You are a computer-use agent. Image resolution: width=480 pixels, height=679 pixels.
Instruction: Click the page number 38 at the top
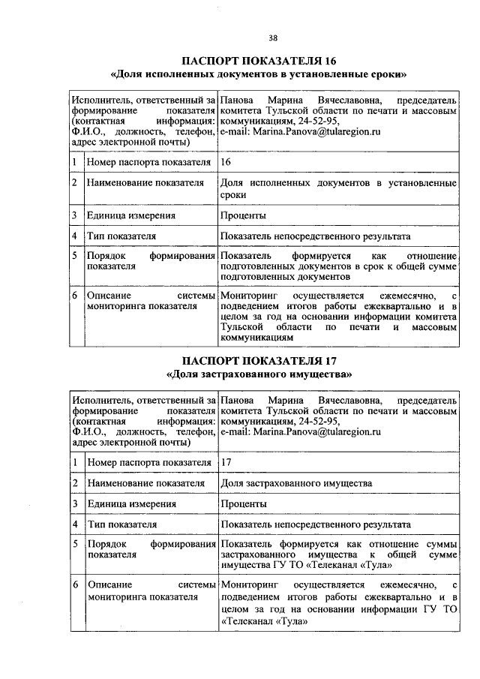pyautogui.click(x=273, y=38)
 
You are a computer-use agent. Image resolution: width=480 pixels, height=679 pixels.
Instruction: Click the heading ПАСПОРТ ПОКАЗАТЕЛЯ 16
pyautogui.click(x=259, y=61)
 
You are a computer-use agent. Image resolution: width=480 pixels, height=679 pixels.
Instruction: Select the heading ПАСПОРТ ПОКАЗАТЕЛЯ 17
pyautogui.click(x=259, y=359)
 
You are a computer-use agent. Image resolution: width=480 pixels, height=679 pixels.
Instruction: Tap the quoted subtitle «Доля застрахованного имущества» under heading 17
pyautogui.click(x=259, y=373)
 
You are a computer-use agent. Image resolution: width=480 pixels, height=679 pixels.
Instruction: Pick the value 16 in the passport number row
pyautogui.click(x=226, y=161)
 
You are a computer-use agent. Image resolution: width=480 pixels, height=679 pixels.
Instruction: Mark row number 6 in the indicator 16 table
pyautogui.click(x=75, y=297)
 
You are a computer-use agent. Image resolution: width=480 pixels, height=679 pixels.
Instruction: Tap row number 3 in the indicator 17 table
pyautogui.click(x=75, y=503)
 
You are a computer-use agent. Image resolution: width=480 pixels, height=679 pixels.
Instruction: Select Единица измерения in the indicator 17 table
pyautogui.click(x=132, y=503)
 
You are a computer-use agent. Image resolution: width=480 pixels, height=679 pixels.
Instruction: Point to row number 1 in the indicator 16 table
pyautogui.click(x=75, y=161)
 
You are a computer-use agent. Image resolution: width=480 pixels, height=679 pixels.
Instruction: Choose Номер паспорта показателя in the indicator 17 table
pyautogui.click(x=148, y=463)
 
